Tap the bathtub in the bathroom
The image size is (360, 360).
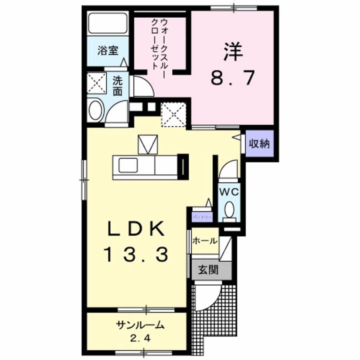[108, 23]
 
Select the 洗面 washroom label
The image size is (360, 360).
[117, 85]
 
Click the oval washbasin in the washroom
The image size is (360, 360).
[94, 109]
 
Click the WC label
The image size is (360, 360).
[229, 191]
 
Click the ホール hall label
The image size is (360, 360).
[205, 241]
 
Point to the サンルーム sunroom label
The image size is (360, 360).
[140, 325]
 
